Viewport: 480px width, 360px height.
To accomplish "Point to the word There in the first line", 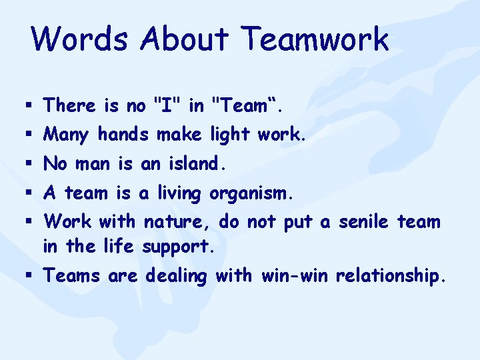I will (71, 105).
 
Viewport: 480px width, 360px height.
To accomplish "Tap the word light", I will (225, 135).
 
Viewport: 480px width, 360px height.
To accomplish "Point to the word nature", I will (177, 221).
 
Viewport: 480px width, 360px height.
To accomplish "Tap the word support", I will (178, 247).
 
